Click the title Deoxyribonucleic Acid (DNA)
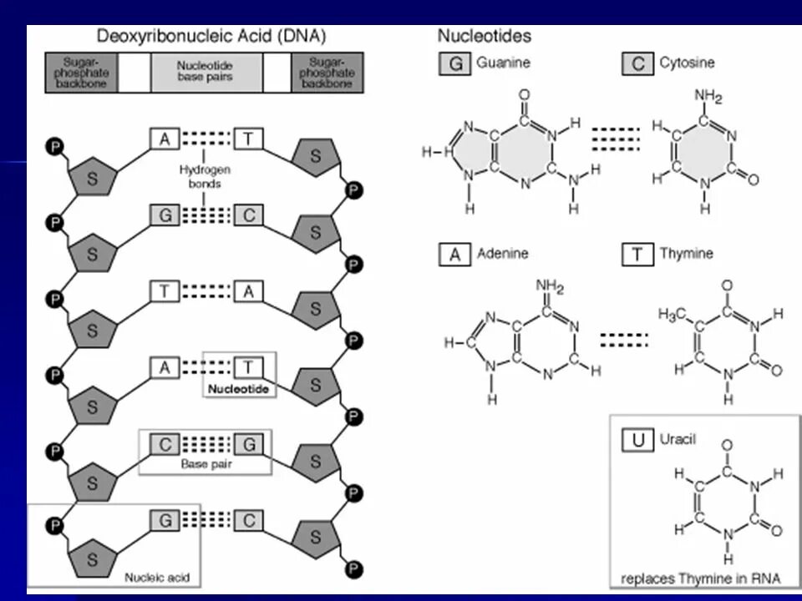pos(211,36)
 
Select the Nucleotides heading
pos(484,36)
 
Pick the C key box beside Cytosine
pos(637,63)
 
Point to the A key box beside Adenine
pos(455,254)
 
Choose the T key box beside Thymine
pos(637,254)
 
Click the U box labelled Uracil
pos(638,439)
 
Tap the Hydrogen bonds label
pos(205,176)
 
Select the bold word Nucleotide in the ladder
pos(240,389)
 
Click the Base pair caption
pos(206,464)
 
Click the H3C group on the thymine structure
pos(672,315)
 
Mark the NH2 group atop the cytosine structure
pos(707,97)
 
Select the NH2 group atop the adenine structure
pos(550,289)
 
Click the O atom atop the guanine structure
pos(524,96)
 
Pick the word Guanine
pos(503,63)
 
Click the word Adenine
pos(502,253)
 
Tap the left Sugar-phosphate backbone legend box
pos(81,72)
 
